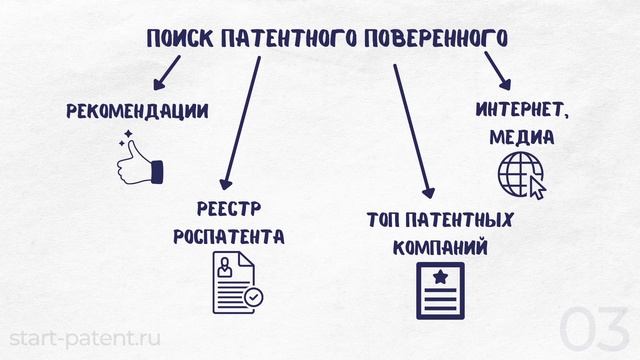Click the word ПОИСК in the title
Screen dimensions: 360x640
click(x=177, y=39)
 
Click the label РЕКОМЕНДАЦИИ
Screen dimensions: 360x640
click(x=137, y=111)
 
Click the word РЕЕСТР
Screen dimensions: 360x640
click(x=229, y=209)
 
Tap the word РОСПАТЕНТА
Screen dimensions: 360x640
click(x=229, y=237)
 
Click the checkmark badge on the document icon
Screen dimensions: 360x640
click(x=255, y=297)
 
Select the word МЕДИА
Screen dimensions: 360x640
click(x=521, y=137)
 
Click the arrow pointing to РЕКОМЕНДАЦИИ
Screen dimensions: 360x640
click(x=167, y=71)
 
